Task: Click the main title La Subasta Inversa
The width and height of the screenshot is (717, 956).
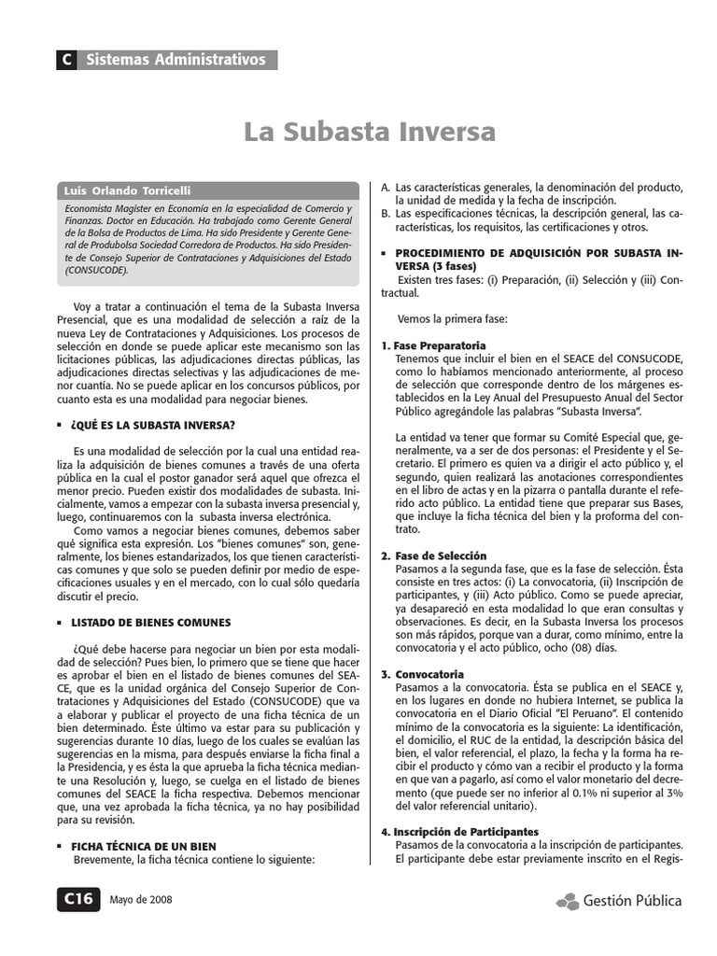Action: click(370, 133)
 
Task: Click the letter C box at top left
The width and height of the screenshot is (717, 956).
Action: click(66, 60)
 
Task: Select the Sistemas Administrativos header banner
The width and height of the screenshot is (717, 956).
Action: click(176, 60)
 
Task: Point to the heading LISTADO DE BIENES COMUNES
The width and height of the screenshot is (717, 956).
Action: click(150, 622)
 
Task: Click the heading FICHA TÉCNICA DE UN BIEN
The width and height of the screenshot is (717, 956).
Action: click(144, 846)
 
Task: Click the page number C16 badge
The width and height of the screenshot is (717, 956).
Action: click(77, 900)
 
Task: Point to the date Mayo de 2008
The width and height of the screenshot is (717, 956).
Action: click(140, 901)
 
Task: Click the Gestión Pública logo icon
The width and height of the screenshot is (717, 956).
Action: click(567, 901)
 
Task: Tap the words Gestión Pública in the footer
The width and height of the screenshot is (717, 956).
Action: click(632, 901)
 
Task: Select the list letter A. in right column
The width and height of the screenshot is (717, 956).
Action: click(385, 187)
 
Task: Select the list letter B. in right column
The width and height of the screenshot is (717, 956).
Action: click(385, 214)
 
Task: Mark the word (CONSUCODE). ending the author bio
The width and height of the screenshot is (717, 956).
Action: click(96, 270)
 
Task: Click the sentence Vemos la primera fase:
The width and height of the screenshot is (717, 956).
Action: click(452, 318)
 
